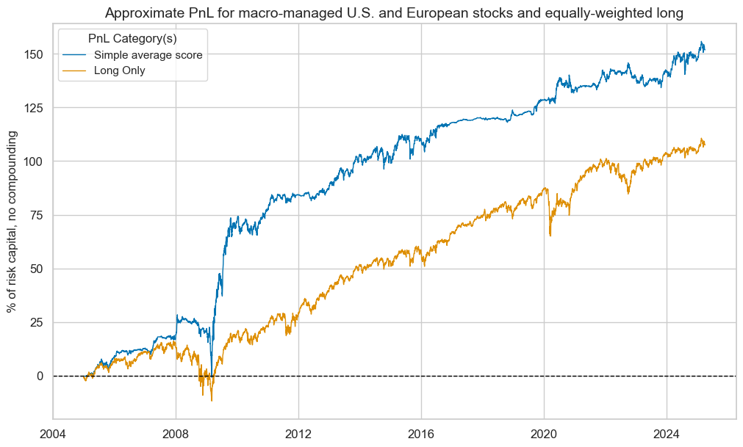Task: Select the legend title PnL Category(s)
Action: (x=132, y=39)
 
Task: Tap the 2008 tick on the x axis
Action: (x=176, y=433)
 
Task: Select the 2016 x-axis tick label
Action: (x=421, y=433)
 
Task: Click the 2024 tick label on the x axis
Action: (x=667, y=433)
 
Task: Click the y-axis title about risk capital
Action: (x=12, y=222)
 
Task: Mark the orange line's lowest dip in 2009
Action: (x=212, y=401)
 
